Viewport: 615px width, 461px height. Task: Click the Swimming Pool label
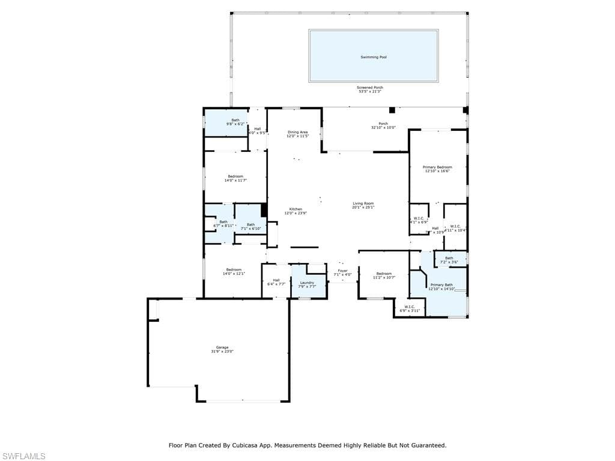373,57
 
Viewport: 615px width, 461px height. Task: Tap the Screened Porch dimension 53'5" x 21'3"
371,91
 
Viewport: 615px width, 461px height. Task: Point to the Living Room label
363,203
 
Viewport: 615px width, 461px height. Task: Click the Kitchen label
295,209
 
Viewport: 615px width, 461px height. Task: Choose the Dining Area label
297,132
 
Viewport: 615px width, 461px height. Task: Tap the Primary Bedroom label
437,167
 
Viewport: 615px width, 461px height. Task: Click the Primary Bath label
441,285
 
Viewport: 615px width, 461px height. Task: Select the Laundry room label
307,283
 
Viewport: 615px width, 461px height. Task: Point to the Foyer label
342,271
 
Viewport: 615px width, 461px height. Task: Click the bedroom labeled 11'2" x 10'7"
384,276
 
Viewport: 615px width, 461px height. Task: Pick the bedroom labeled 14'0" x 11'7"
235,178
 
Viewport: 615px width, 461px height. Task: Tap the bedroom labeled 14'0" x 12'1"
234,271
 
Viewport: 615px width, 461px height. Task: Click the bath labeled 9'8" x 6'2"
235,122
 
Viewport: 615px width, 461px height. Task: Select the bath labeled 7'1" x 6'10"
250,226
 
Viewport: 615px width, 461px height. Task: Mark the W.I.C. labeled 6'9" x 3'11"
410,309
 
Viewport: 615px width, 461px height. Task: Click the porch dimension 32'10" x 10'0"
383,127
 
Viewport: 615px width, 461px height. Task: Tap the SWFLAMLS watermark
23,456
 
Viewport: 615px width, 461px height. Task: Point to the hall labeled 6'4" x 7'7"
276,282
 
